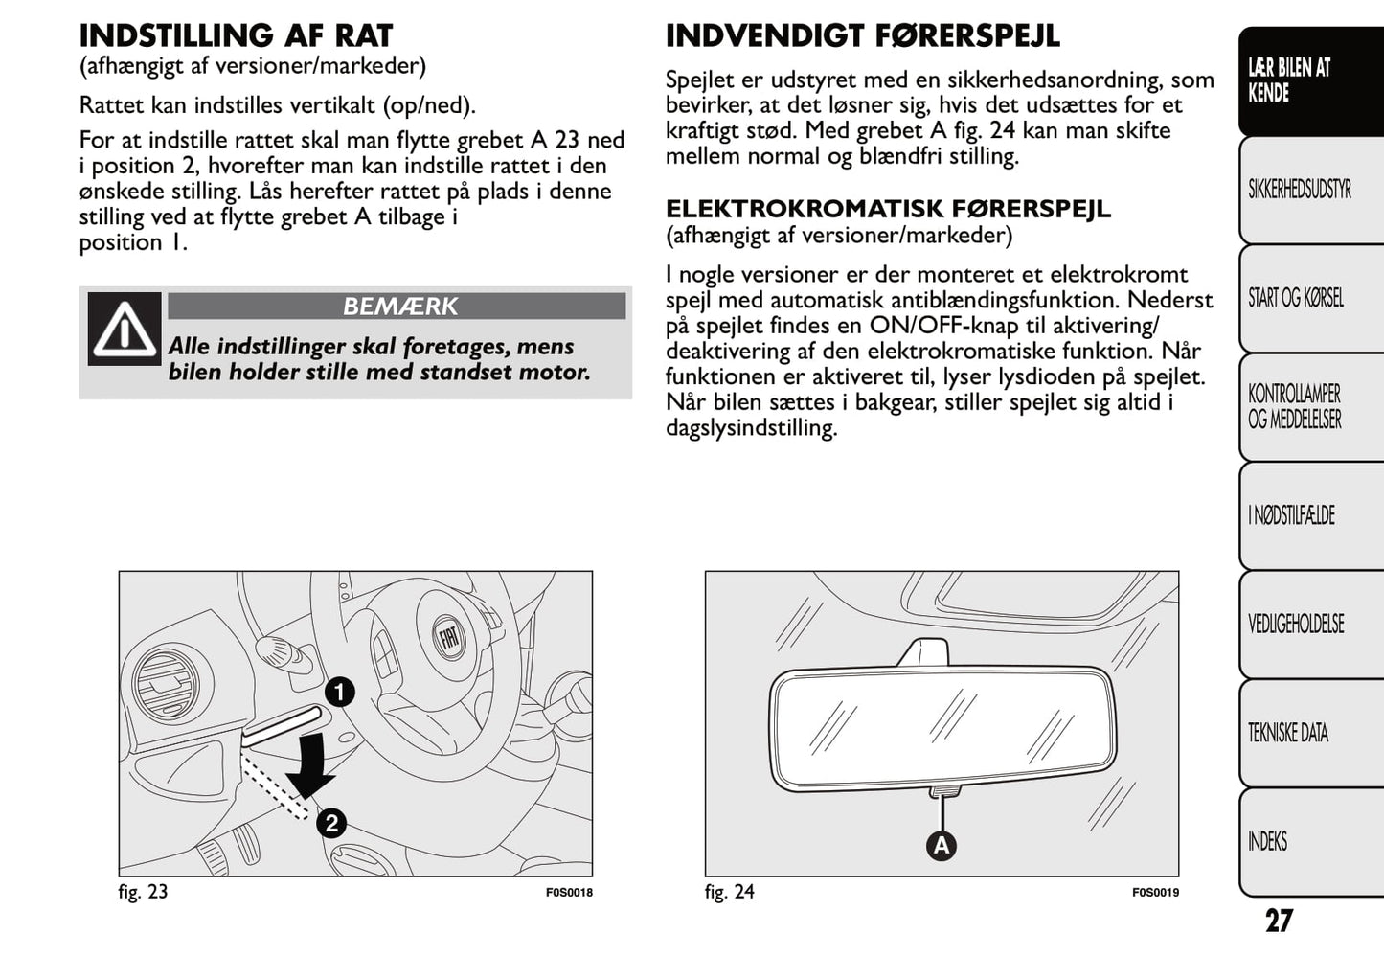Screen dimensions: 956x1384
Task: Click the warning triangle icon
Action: point(124,330)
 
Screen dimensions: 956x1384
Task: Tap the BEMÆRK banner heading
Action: point(398,307)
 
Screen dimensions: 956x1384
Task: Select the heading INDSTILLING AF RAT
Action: point(236,36)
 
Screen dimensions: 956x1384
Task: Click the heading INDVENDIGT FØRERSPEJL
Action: point(862,36)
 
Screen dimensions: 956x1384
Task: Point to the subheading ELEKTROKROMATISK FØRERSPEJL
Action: point(888,209)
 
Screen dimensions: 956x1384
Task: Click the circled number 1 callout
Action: point(339,692)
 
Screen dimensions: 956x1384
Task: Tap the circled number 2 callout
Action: point(330,824)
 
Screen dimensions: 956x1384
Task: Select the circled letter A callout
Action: point(942,846)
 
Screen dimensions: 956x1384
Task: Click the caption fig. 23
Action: point(143,892)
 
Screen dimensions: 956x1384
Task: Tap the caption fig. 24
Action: point(729,892)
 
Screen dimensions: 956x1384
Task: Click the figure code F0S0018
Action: point(569,893)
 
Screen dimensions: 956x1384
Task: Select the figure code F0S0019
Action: point(1155,893)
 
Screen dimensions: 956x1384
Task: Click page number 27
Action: point(1279,921)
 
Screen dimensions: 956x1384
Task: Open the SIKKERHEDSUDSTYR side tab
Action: point(1300,190)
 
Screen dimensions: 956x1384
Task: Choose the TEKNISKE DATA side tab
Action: point(1288,733)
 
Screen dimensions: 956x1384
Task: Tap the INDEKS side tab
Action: point(1267,841)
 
